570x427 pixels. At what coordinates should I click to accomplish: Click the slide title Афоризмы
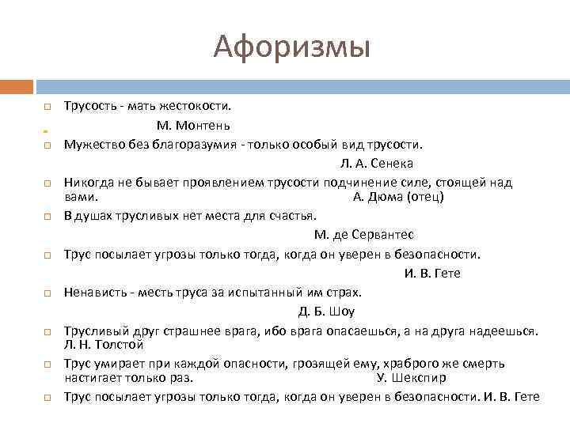tap(291, 48)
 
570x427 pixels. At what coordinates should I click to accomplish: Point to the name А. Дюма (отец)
tap(397, 196)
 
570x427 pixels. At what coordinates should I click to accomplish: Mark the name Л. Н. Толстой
tap(103, 345)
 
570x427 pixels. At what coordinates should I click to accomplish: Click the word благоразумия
tap(196, 145)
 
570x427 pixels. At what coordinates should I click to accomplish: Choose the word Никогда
tap(89, 183)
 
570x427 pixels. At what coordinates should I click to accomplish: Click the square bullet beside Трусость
tap(47, 106)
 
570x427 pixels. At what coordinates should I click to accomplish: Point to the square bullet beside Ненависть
tap(47, 293)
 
